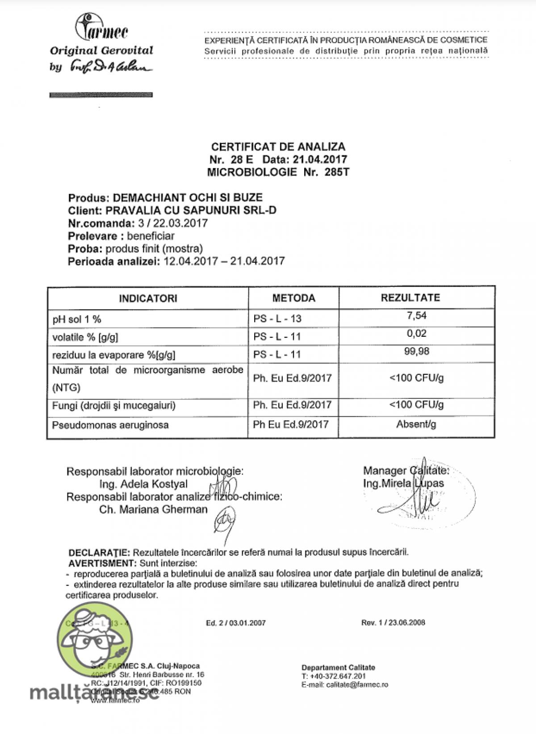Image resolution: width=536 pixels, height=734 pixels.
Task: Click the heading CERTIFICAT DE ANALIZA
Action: [278, 147]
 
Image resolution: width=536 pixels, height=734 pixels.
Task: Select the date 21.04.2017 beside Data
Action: [320, 159]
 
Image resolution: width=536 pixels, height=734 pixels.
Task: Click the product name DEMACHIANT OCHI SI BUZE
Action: [188, 197]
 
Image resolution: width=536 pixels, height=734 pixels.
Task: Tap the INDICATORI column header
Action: [148, 298]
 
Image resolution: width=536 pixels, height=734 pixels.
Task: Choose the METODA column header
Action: [294, 298]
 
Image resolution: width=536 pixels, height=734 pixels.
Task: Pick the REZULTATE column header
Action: [410, 298]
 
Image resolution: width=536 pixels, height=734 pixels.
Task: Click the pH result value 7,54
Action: [417, 315]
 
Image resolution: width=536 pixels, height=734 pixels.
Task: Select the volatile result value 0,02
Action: [417, 333]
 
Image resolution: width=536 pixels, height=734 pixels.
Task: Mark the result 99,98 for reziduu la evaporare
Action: [417, 351]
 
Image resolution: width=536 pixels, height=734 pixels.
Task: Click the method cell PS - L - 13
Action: [277, 319]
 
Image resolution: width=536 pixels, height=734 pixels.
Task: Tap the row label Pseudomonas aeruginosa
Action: [110, 425]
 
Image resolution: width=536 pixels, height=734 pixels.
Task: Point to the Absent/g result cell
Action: [416, 424]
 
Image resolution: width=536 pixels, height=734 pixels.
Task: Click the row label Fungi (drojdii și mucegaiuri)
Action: [114, 406]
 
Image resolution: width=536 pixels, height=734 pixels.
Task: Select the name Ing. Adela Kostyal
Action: [143, 484]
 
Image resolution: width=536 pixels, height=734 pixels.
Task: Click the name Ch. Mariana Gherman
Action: [153, 509]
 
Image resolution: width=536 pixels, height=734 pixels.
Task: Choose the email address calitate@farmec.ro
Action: [357, 684]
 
